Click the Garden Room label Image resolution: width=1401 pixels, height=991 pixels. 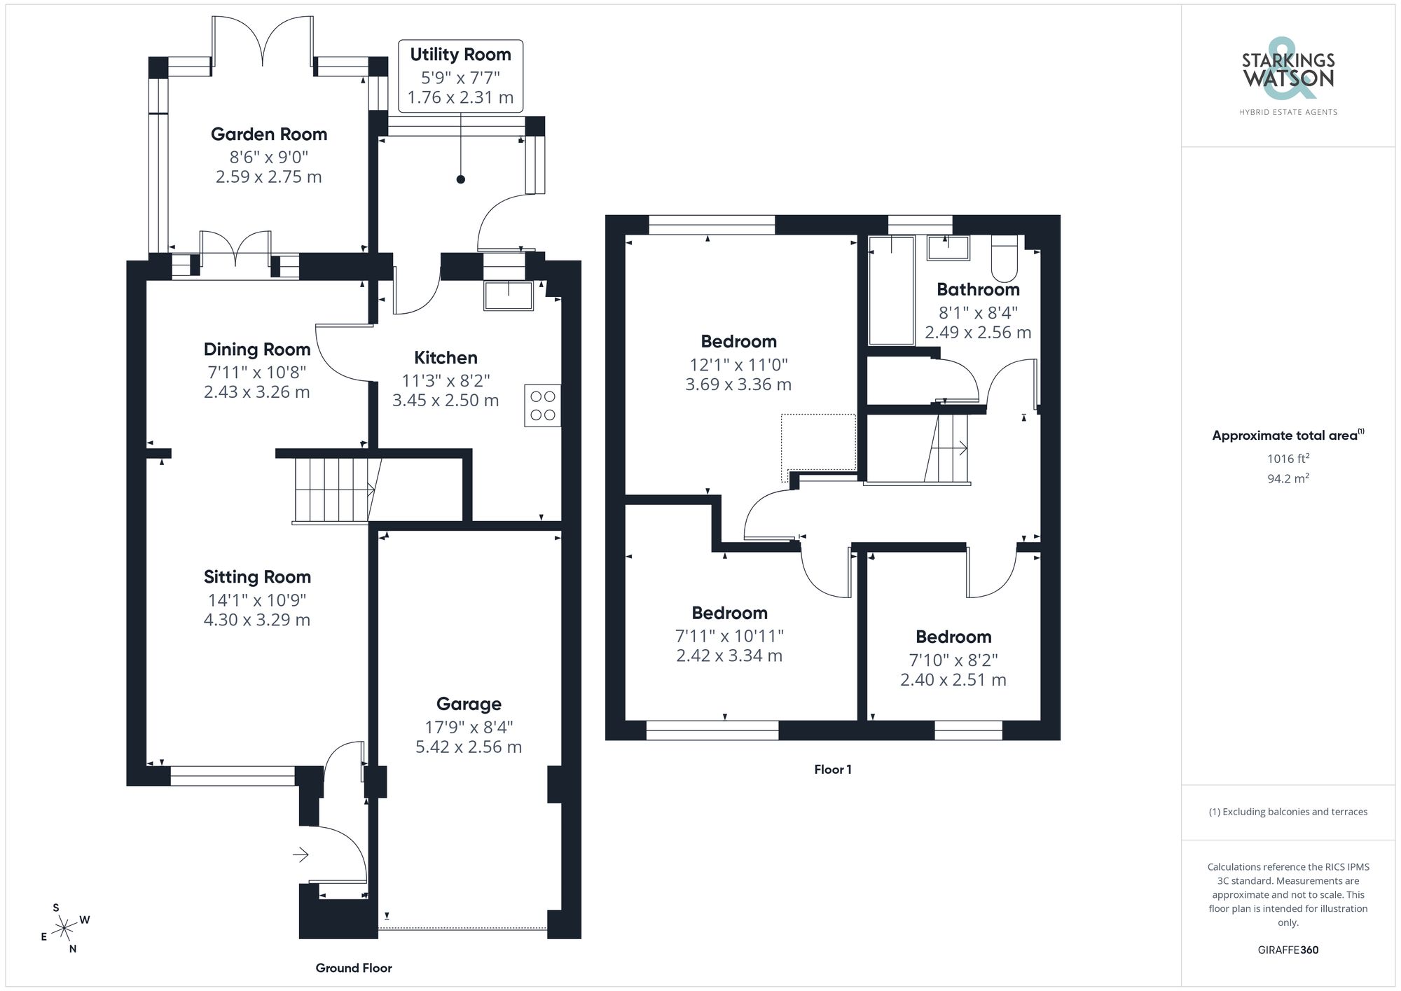tap(269, 134)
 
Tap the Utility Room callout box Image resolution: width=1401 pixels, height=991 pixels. tap(460, 76)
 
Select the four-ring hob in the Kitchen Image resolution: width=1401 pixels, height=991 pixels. tap(543, 406)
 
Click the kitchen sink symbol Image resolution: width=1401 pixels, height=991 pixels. tap(508, 295)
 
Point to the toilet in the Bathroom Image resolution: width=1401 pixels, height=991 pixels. tap(1004, 258)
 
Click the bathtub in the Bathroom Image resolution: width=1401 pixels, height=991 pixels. tap(891, 291)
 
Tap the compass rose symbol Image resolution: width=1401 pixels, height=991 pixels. tap(64, 929)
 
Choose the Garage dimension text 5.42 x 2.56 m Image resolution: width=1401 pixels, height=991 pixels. tap(469, 747)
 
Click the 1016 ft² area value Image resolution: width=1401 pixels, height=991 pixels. tap(1288, 459)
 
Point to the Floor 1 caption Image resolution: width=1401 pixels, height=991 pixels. tap(832, 769)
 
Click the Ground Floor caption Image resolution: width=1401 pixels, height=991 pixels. tap(354, 968)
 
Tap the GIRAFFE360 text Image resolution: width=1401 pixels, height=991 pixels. tap(1288, 950)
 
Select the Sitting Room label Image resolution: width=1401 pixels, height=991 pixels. tap(257, 577)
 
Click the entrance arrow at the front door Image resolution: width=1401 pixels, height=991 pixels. tap(301, 854)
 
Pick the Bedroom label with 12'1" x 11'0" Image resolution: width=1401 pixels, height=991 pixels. tap(738, 342)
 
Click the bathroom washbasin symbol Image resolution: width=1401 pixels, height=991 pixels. tap(948, 248)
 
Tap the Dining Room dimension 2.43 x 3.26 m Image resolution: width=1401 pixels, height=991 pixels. tap(256, 392)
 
